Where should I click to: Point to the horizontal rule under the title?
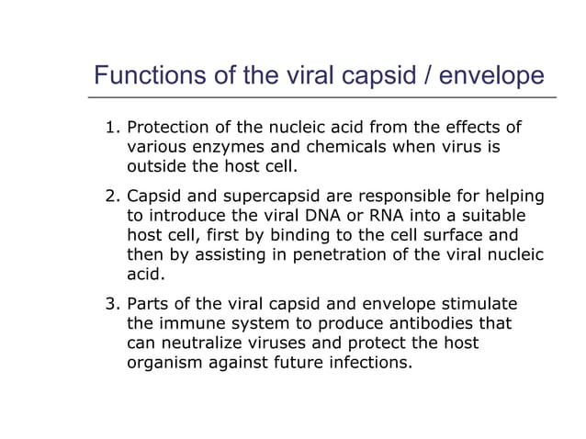tap(321, 96)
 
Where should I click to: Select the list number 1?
tap(111, 127)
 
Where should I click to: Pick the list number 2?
tap(111, 196)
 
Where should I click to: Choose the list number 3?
tap(111, 303)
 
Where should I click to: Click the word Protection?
tap(167, 127)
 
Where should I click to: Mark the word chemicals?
tap(342, 147)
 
